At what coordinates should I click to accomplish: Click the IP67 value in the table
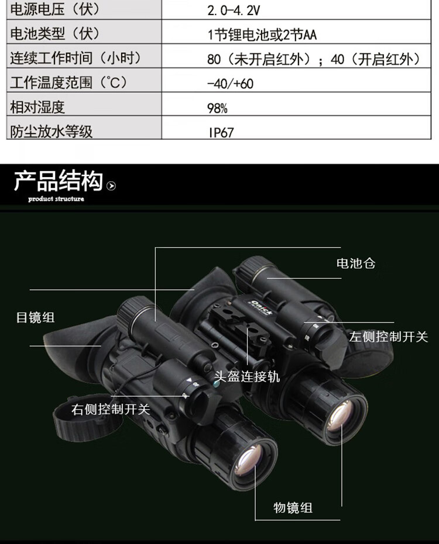pos(221,132)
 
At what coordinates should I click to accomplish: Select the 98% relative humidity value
pos(217,108)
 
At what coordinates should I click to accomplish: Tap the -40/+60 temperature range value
pos(230,84)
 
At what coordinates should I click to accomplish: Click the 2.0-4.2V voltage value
pos(233,11)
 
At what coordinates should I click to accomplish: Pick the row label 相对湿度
pos(37,107)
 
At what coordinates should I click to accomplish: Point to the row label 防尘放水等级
pos(52,131)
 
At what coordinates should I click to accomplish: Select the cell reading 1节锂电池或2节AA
pos(262,35)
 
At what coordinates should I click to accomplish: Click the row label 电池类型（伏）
pos(55,34)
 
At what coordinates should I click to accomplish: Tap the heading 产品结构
pos(59,181)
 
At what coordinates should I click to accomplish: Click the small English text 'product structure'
pos(56,199)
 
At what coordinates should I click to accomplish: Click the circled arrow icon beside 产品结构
pos(111,186)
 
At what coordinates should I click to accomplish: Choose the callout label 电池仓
pos(356,264)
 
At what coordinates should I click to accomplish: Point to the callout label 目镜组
pos(36,317)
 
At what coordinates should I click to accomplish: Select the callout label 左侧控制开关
pos(389,337)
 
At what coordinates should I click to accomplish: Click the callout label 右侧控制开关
pos(111,410)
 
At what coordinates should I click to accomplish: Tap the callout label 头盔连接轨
pos(247,376)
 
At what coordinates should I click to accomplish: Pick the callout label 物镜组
pos(293,508)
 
